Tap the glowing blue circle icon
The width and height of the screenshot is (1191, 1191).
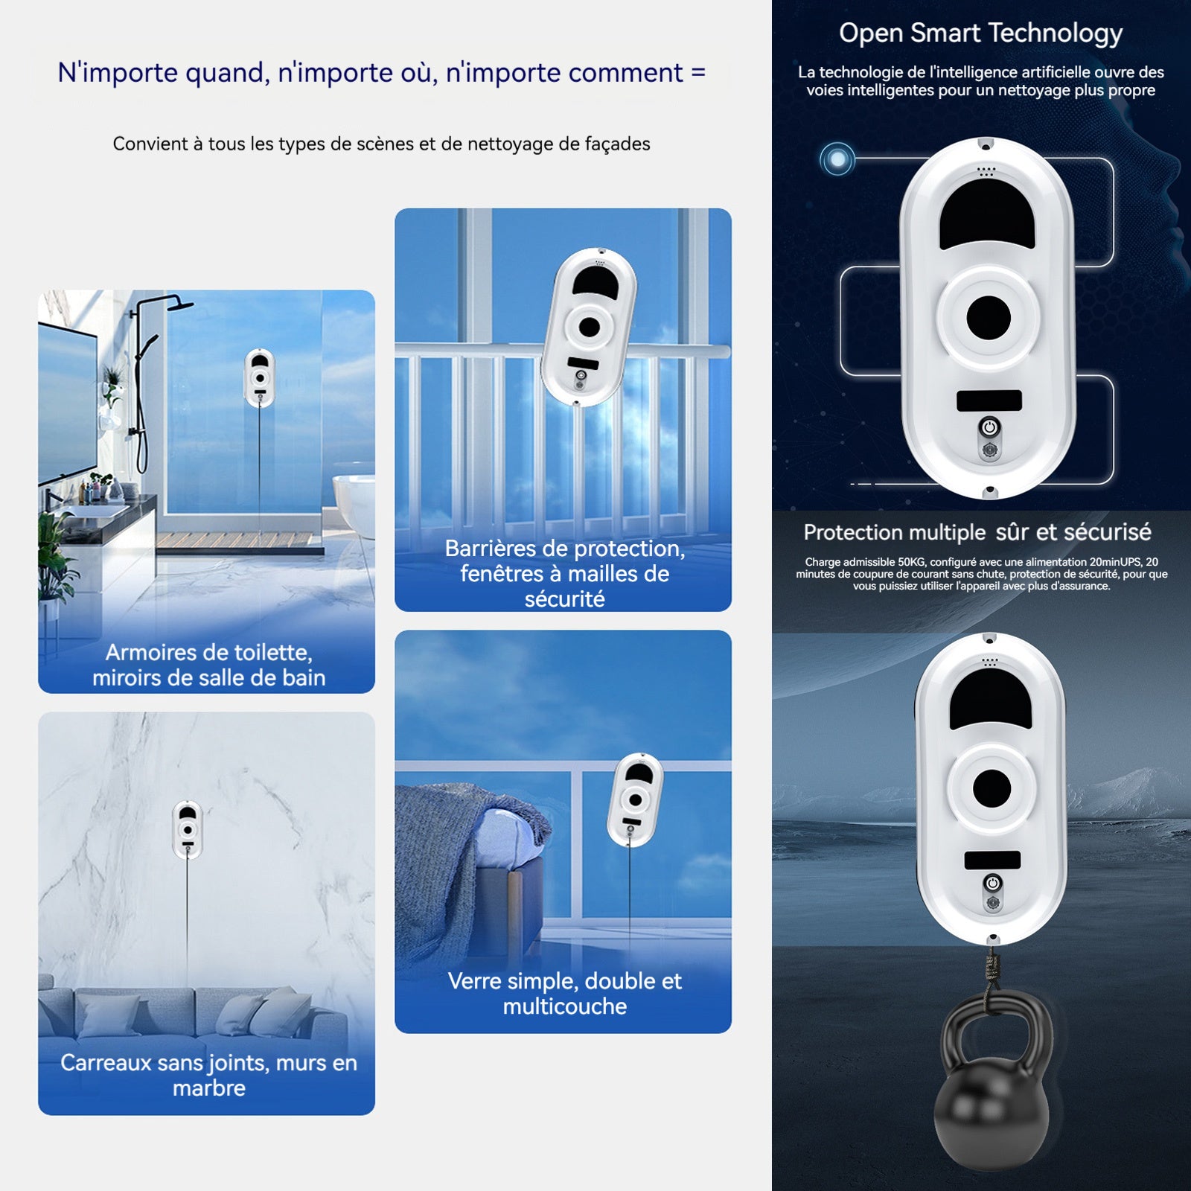point(837,159)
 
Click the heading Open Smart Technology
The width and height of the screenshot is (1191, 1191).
point(980,33)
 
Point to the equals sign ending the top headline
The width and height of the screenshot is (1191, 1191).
point(697,73)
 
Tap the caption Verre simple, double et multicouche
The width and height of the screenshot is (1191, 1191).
point(564,993)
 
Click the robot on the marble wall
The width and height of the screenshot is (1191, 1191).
point(188,829)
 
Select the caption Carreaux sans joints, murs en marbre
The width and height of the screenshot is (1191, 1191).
point(208,1075)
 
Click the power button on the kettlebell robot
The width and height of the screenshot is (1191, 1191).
point(992,884)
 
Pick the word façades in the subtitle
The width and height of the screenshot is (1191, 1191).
point(617,144)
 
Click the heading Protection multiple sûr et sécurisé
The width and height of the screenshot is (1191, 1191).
point(977,532)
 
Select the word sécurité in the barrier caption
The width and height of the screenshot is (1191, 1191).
point(564,599)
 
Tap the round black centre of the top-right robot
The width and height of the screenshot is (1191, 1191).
point(989,318)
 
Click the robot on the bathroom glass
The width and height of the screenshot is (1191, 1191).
point(260,377)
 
